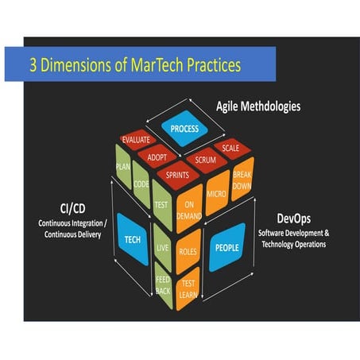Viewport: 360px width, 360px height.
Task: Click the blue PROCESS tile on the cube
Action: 184,126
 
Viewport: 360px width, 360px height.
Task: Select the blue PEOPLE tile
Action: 226,247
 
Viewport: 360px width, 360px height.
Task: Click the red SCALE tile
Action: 230,146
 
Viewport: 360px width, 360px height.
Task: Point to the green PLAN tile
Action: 123,167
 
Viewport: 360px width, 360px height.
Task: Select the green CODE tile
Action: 141,184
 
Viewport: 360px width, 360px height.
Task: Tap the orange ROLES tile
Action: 189,250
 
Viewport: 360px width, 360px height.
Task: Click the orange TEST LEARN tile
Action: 188,288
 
